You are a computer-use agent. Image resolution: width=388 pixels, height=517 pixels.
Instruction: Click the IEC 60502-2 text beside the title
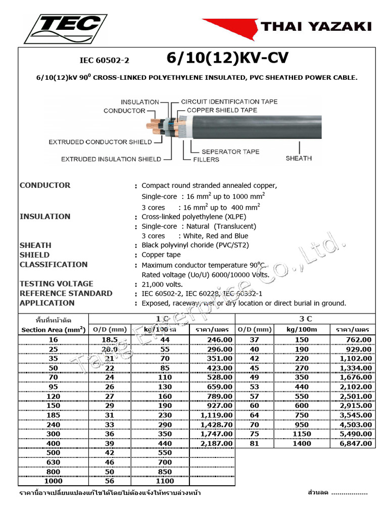(105, 61)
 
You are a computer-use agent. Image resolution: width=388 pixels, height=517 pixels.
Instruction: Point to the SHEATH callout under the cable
(299, 159)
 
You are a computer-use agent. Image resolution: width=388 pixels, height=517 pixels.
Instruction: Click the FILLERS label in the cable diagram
(206, 160)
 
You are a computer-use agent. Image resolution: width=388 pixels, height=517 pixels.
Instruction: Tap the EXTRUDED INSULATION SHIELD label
(111, 159)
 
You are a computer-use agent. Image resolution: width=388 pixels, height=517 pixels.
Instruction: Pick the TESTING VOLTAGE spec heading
(57, 284)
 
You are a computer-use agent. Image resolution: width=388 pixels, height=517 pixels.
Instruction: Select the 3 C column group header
(306, 319)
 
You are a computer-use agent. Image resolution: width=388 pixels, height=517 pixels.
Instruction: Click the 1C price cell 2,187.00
(217, 443)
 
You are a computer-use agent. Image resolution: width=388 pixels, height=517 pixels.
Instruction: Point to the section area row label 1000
(54, 481)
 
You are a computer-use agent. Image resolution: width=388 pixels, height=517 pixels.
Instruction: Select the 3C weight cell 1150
(301, 434)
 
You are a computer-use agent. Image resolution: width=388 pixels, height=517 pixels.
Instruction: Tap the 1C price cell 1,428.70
(217, 425)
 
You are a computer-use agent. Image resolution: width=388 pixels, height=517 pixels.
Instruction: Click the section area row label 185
(54, 415)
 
